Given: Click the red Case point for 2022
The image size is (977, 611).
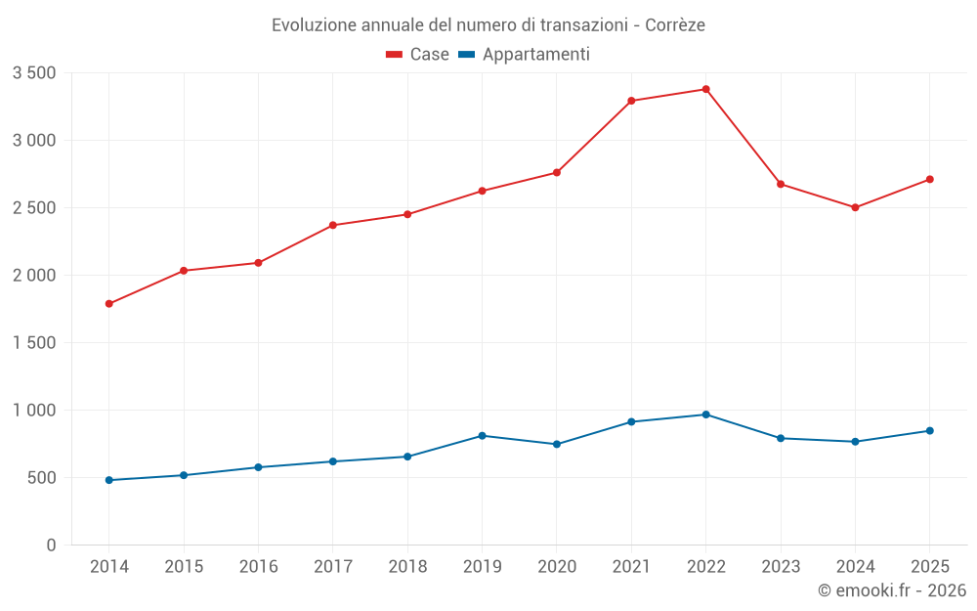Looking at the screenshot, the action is [706, 89].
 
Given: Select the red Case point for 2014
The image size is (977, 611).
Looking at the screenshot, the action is [109, 304].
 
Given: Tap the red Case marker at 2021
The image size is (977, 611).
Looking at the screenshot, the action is [631, 101].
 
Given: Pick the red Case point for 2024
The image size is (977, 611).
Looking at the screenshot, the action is [855, 207].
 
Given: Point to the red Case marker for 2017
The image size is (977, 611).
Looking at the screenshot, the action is [333, 225].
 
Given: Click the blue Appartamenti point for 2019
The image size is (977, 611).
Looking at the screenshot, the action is [483, 436].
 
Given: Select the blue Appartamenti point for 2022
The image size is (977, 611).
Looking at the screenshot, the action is [706, 415].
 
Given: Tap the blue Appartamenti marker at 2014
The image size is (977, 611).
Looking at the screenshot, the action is [109, 480].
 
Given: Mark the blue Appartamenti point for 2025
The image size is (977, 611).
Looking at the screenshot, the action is [930, 431].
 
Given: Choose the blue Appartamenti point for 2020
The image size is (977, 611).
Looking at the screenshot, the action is [557, 445].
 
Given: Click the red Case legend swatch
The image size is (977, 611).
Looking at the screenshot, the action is [394, 54].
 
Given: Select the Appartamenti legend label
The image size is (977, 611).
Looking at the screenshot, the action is [535, 54].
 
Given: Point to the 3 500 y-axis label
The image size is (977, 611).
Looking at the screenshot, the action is [34, 73].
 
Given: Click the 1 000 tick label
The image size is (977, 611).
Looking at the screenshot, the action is [34, 411].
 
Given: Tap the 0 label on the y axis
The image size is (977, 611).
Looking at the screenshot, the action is [51, 546].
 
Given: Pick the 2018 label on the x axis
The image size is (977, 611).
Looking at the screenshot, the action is [407, 566].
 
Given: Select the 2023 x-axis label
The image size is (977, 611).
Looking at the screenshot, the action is [781, 566].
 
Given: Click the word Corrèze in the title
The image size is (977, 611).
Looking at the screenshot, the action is [675, 25].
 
